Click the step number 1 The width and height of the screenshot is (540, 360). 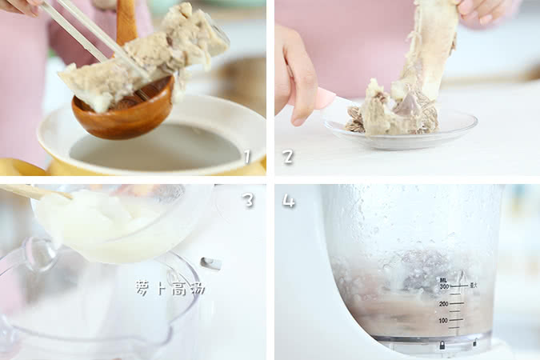click(x=247, y=157)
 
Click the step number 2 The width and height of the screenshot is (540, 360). click(x=288, y=157)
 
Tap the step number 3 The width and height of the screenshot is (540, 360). click(x=248, y=200)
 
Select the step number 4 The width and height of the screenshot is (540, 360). click(x=288, y=201)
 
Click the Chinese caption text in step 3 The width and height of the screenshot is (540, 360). click(x=170, y=288)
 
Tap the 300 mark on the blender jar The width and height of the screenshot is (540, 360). click(x=442, y=286)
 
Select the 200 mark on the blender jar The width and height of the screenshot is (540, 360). click(x=442, y=304)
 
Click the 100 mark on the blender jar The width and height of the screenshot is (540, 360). click(x=442, y=321)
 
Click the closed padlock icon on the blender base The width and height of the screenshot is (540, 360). click(x=441, y=345)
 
